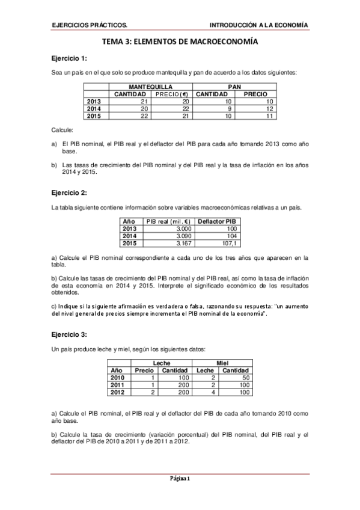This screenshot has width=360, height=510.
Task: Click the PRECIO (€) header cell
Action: pyautogui.click(x=172, y=94)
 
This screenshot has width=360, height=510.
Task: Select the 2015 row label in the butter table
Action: pyautogui.click(x=94, y=116)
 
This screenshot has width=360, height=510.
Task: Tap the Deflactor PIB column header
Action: pyautogui.click(x=217, y=221)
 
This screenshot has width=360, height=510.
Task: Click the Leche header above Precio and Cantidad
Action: pyautogui.click(x=162, y=363)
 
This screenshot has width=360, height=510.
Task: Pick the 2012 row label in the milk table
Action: pyautogui.click(x=118, y=392)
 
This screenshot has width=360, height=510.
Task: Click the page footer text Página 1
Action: pyautogui.click(x=180, y=479)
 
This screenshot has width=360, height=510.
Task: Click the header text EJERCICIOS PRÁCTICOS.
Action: pyautogui.click(x=90, y=25)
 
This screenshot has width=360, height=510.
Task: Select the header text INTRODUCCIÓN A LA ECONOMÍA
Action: pyautogui.click(x=258, y=25)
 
